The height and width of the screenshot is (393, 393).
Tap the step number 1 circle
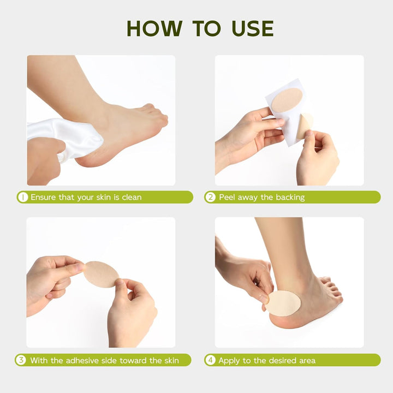pos(23,197)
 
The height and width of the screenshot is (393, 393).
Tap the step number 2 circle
pos(211,197)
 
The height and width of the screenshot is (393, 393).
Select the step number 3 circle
pos(21,360)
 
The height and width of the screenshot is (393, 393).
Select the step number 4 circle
pos(211,360)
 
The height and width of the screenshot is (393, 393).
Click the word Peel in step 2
pos(228,197)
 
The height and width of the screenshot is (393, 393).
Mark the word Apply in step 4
pos(229,360)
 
